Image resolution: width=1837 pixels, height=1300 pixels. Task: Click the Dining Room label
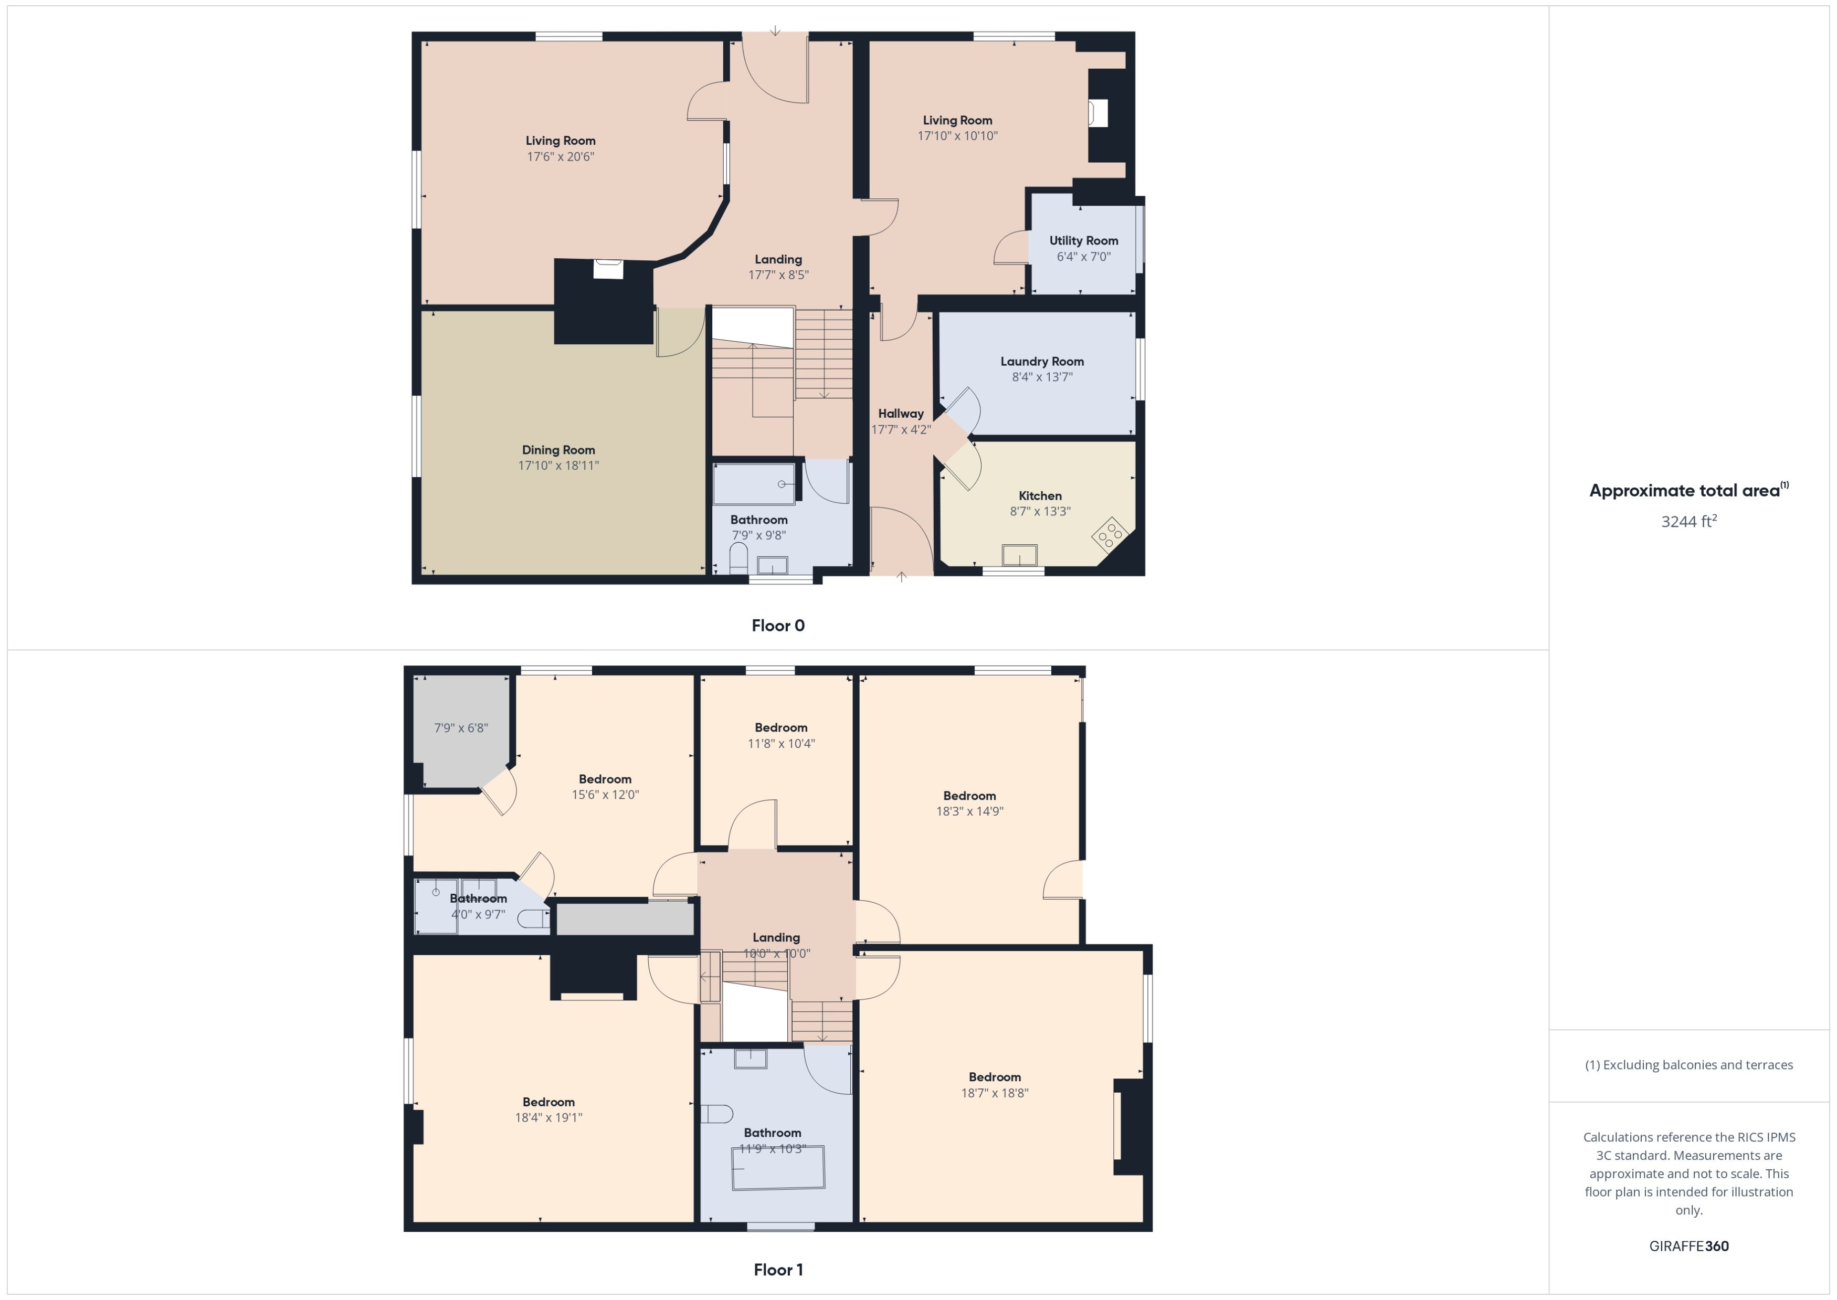pyautogui.click(x=558, y=450)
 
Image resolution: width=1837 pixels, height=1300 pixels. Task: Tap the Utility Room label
pyautogui.click(x=1083, y=240)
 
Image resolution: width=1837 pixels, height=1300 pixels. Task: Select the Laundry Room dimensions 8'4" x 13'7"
pyautogui.click(x=1041, y=377)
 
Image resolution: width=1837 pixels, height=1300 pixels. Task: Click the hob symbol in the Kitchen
pyautogui.click(x=1110, y=535)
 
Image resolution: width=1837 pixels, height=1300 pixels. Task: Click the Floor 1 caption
pyautogui.click(x=777, y=1270)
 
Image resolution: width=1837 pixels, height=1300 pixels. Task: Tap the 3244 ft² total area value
pyautogui.click(x=1688, y=522)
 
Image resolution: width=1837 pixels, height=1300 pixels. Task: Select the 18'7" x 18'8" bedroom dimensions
pyautogui.click(x=994, y=1093)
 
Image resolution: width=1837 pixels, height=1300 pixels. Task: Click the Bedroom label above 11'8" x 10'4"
pyautogui.click(x=780, y=727)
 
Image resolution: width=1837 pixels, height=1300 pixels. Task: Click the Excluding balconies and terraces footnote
pyautogui.click(x=1688, y=1065)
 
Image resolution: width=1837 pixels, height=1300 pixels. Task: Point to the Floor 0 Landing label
pyautogui.click(x=778, y=259)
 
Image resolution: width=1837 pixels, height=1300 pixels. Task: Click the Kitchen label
pyautogui.click(x=1040, y=495)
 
